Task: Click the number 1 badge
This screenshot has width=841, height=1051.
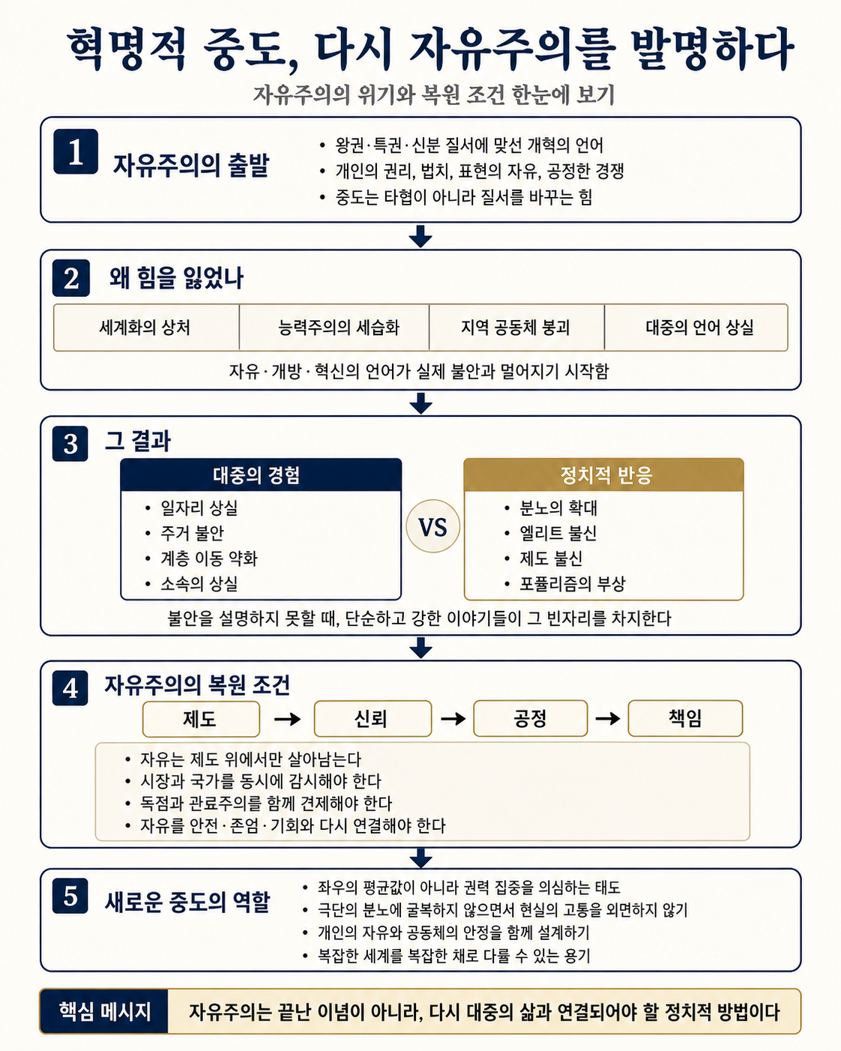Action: (76, 151)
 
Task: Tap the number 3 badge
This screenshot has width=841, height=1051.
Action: (70, 444)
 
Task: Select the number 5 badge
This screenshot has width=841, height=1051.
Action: (70, 896)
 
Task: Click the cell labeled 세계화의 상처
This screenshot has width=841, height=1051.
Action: (146, 327)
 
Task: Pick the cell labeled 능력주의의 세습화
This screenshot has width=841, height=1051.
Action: (334, 327)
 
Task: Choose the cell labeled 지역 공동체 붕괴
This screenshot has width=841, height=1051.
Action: (516, 327)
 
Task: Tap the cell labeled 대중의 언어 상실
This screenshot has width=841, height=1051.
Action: (696, 327)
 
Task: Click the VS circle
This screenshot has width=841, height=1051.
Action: (432, 526)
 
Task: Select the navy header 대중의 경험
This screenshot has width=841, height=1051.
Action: (261, 475)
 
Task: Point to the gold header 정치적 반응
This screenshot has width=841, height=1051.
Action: (603, 475)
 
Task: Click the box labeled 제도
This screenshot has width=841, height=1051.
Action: (201, 719)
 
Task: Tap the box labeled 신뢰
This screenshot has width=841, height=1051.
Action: (373, 718)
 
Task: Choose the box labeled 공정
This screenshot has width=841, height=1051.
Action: (531, 718)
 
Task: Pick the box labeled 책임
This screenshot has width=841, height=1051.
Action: (685, 718)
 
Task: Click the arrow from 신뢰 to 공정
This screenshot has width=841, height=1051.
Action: (453, 718)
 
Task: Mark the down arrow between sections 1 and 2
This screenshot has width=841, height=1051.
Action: (420, 236)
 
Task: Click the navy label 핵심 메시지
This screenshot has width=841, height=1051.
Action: (104, 1011)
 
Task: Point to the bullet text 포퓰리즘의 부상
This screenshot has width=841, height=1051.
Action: (572, 584)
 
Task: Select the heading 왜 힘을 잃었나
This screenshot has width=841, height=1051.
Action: (176, 278)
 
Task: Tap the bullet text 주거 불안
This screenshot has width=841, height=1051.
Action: (192, 533)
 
